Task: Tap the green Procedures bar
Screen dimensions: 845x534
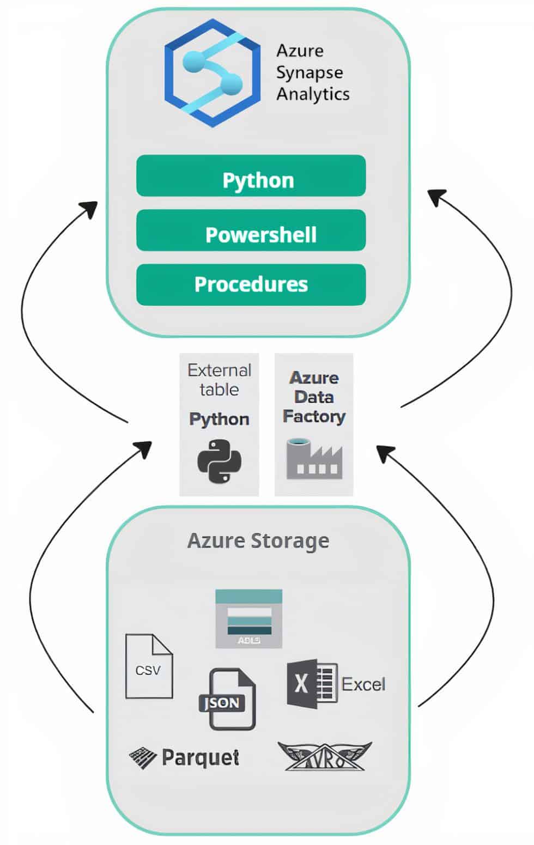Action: [251, 284]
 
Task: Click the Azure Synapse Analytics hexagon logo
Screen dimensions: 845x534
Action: [212, 72]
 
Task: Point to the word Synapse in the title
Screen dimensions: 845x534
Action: [309, 72]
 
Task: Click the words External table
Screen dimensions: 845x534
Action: [219, 380]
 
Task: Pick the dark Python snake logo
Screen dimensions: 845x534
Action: [219, 461]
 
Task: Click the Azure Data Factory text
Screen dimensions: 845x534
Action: [314, 397]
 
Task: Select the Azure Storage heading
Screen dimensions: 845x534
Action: [258, 540]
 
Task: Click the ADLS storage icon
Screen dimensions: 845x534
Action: [249, 618]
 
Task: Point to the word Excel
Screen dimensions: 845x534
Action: [363, 684]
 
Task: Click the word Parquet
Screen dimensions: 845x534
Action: [201, 757]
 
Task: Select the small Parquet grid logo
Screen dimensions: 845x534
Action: [143, 757]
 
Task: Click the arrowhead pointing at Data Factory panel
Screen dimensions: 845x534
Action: [384, 452]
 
